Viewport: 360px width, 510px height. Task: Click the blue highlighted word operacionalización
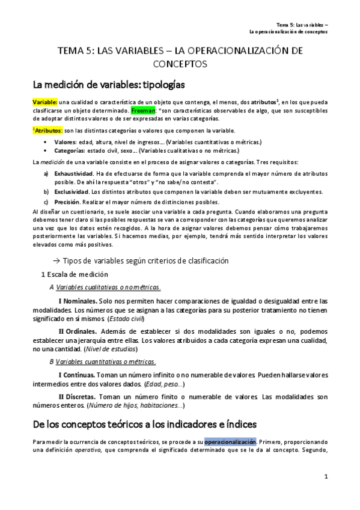click(x=230, y=442)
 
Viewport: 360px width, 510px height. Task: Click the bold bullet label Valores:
click(x=65, y=141)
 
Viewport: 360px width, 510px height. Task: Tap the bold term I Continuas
click(x=81, y=375)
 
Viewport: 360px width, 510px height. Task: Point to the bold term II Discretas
click(x=82, y=397)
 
